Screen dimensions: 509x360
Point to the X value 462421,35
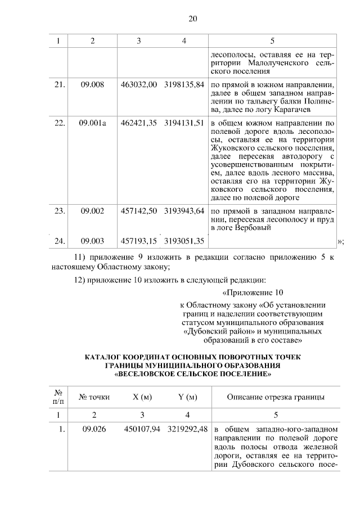(138, 123)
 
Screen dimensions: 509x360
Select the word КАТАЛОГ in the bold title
(106, 357)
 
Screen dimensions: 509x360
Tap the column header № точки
(94, 398)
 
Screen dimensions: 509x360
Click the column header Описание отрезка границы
(275, 398)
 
